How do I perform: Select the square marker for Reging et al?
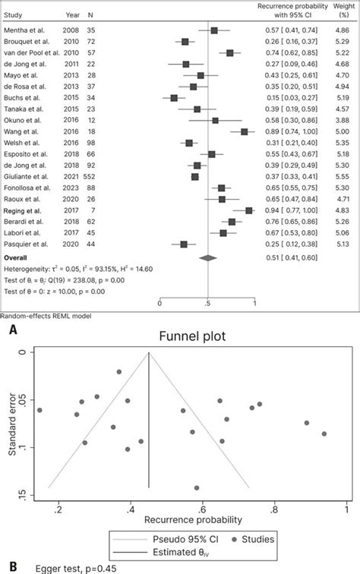coord(249,210)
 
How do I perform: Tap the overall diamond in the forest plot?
coord(207,258)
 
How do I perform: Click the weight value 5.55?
coord(343,176)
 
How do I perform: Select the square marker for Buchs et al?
coord(174,98)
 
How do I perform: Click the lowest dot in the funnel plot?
coord(197,488)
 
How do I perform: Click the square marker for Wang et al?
coord(245,131)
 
